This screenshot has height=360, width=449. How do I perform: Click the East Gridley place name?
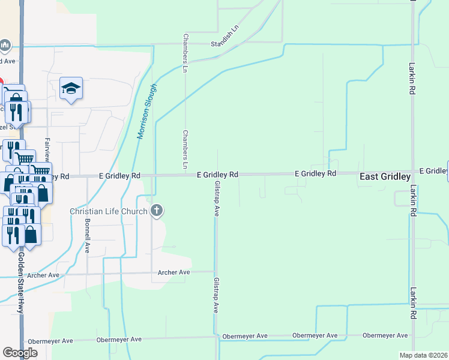point(385,177)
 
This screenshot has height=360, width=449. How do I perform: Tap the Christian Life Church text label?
point(109,211)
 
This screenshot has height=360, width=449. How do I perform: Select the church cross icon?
point(157,210)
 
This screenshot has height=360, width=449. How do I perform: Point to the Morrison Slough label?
point(147,112)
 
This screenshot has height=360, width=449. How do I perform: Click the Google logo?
point(20,353)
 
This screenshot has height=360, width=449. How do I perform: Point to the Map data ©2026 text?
point(423,355)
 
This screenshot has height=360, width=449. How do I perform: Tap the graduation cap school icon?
point(71,89)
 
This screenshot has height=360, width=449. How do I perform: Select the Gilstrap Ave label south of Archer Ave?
point(216,295)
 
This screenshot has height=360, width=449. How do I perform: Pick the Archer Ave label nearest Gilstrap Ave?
point(173,272)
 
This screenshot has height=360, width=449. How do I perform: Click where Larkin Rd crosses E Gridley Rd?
point(412,173)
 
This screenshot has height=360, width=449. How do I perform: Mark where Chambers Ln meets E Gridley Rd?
point(185,175)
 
